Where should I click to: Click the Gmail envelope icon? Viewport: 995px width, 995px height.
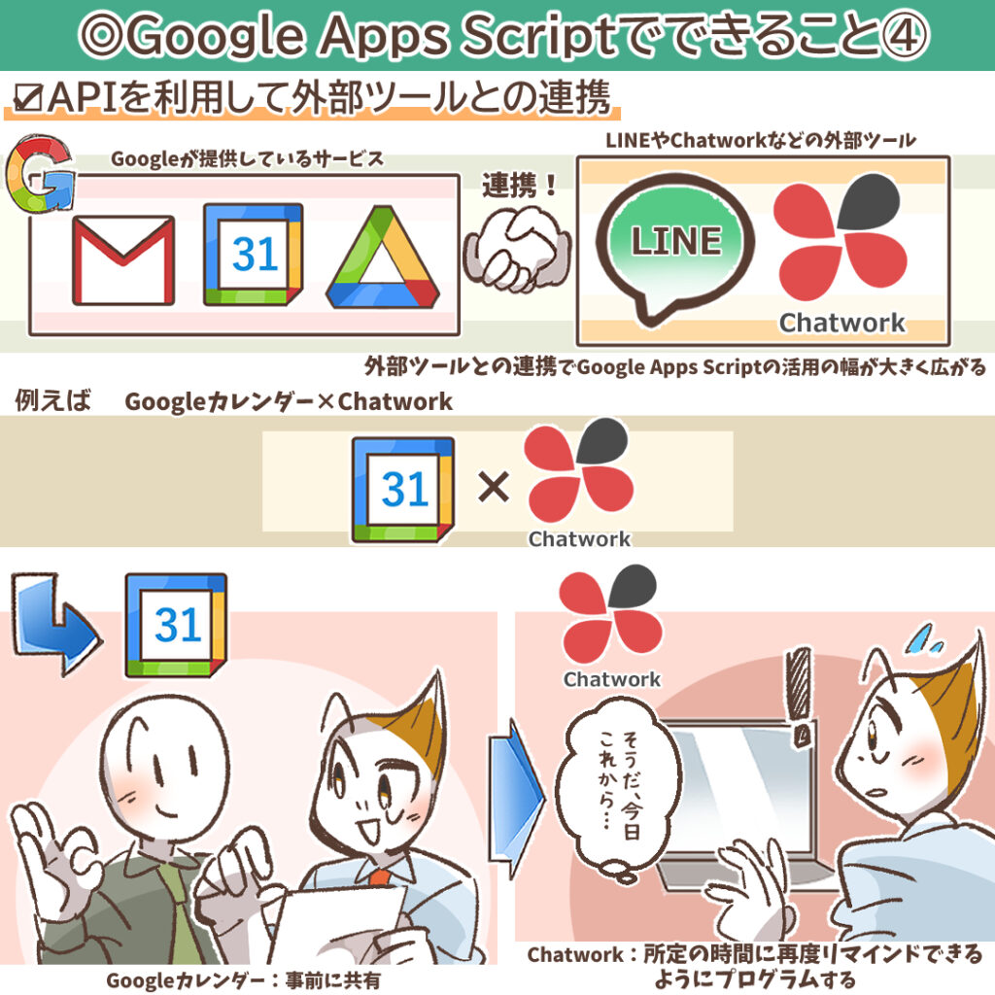tap(123, 259)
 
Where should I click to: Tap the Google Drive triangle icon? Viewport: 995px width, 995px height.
tap(382, 258)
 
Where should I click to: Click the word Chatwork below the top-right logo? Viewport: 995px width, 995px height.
tap(841, 323)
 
